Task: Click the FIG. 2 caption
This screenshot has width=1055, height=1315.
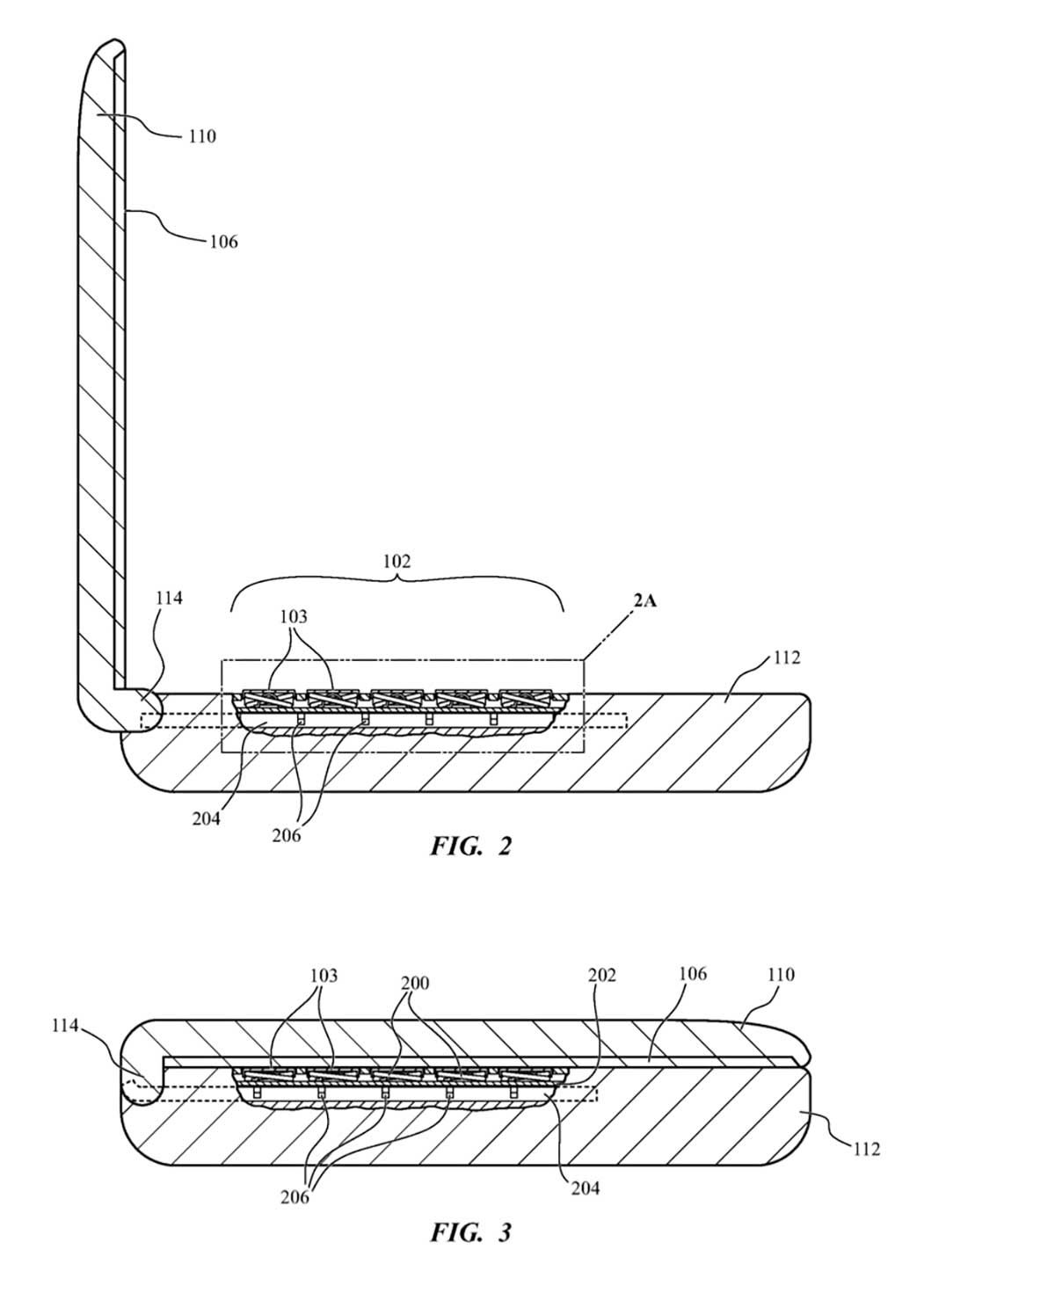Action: (x=470, y=846)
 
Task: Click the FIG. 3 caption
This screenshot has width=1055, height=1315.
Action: (x=470, y=1232)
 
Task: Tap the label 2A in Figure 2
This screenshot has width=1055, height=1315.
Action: (x=644, y=601)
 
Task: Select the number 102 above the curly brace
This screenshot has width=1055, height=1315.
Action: (x=397, y=561)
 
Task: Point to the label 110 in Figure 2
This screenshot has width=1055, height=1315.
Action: (x=201, y=135)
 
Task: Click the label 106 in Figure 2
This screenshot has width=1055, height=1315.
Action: (x=223, y=242)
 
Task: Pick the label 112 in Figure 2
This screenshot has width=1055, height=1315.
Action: (x=786, y=657)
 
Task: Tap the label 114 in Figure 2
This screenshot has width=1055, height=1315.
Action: (x=169, y=598)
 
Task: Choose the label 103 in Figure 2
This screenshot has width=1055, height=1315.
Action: (x=294, y=616)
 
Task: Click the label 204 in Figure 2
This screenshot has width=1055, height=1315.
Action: (x=206, y=818)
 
